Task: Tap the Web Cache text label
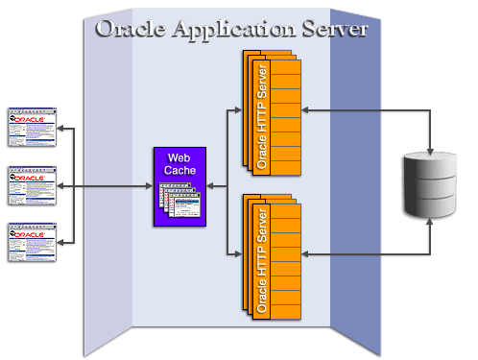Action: (180, 163)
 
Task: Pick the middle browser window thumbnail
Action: (30, 185)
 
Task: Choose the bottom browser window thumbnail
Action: (30, 242)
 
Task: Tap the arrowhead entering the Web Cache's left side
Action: (149, 185)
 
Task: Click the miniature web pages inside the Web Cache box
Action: (180, 202)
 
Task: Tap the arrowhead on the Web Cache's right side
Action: (213, 185)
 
